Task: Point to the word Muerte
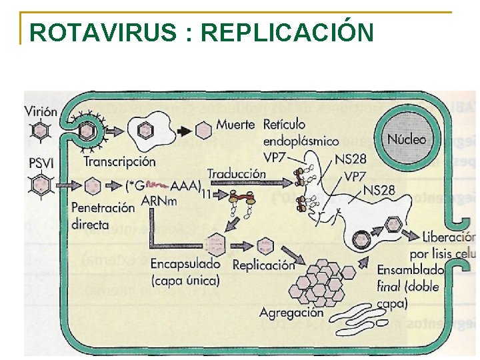tap(235, 125)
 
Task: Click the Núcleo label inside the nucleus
tap(406, 140)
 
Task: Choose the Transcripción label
tap(119, 161)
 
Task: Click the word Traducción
tap(236, 174)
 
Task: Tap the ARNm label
tap(159, 200)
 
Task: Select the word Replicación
tap(263, 265)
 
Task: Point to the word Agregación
tap(291, 313)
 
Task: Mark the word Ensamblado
tap(411, 271)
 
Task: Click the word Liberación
tap(449, 237)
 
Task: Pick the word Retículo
tap(284, 124)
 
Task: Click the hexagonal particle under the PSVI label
tap(41, 183)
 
